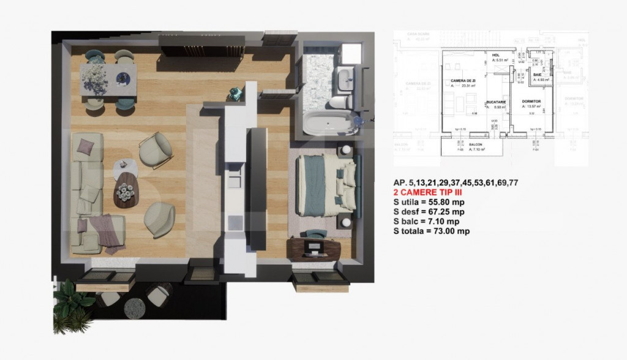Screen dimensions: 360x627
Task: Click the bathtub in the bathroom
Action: click(x=329, y=123)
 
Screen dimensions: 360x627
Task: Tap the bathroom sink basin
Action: click(x=347, y=77)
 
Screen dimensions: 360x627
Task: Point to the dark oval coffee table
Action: click(x=128, y=190)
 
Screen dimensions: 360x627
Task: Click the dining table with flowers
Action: click(x=108, y=80)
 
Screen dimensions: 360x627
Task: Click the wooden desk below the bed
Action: click(x=315, y=248)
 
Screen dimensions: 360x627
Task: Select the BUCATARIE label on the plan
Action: click(x=495, y=101)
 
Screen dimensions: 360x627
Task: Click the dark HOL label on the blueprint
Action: click(x=496, y=55)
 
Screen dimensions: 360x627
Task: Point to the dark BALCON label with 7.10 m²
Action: click(x=475, y=144)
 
